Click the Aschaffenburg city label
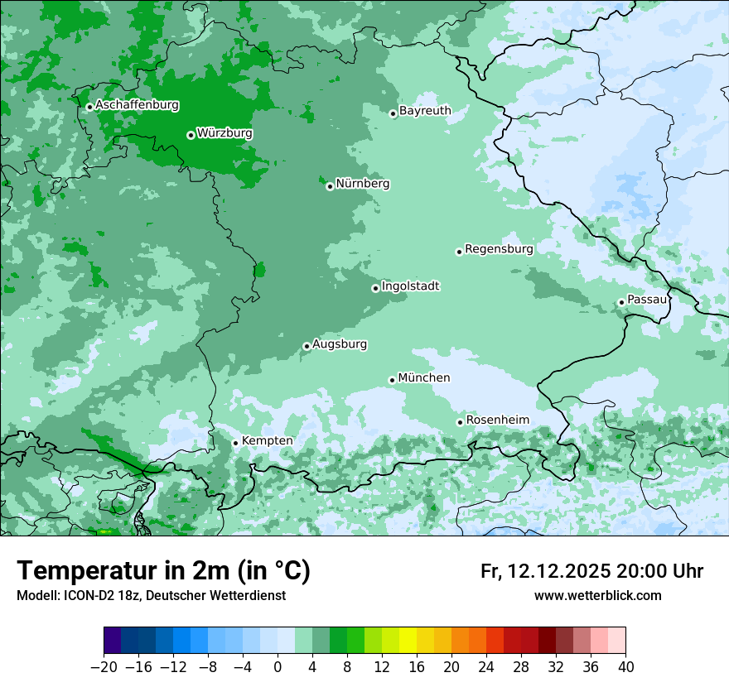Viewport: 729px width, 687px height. click(x=137, y=105)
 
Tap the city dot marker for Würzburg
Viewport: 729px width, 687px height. click(x=191, y=135)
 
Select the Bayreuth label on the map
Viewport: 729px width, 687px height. click(x=425, y=110)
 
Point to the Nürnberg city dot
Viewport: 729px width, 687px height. click(x=330, y=186)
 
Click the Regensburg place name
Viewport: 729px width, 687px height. click(x=499, y=248)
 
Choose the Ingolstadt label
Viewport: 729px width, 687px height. click(x=410, y=286)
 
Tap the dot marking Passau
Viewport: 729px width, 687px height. click(x=621, y=302)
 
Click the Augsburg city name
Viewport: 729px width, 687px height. click(x=340, y=343)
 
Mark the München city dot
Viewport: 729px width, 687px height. click(x=392, y=380)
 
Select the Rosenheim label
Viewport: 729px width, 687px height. click(x=497, y=420)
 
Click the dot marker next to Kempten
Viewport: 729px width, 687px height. click(x=235, y=443)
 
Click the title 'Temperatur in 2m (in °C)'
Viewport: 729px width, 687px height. click(x=163, y=570)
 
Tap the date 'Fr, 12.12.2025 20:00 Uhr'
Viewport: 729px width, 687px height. click(x=591, y=571)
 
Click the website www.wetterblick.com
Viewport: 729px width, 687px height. click(x=597, y=595)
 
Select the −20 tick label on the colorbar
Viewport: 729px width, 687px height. click(x=103, y=667)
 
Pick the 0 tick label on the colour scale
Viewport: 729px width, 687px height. click(x=278, y=667)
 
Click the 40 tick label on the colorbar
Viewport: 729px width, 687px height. click(x=625, y=667)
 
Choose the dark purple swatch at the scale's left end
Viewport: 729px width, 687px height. click(x=113, y=641)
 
